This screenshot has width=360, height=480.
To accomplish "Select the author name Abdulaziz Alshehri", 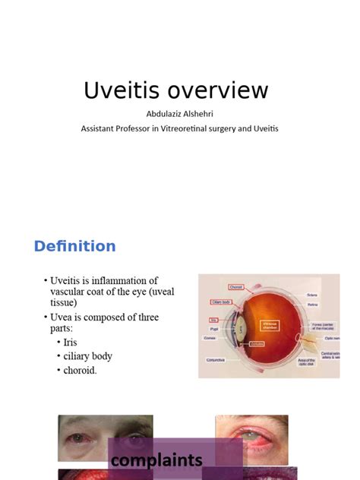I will click(x=179, y=114).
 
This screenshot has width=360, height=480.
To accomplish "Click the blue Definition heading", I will click(x=74, y=246).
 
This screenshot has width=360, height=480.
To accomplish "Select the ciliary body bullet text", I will click(x=87, y=356).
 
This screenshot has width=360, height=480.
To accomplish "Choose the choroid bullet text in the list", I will click(x=81, y=370).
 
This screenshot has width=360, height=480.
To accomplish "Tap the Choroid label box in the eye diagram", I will click(x=235, y=287).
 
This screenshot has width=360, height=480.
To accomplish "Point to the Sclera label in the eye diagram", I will click(x=312, y=294).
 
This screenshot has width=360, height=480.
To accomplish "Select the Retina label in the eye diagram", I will click(x=312, y=305).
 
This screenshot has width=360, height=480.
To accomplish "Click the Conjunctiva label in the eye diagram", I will click(x=215, y=361).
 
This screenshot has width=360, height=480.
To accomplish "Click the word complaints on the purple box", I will click(x=156, y=460).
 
